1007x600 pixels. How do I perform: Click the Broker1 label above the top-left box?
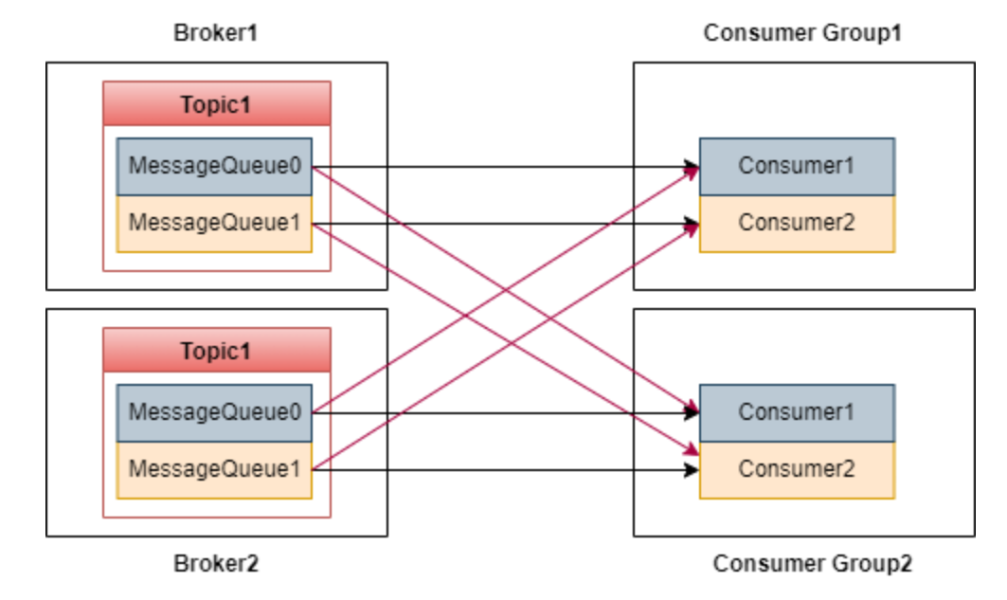(215, 33)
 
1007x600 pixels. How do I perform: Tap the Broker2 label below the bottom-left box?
(215, 564)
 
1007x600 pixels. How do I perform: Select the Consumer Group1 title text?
(802, 33)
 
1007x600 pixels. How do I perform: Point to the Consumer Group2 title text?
(812, 564)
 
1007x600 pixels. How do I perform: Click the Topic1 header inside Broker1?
(216, 104)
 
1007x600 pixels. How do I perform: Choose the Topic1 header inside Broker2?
(216, 351)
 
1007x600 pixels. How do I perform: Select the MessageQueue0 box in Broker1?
(214, 168)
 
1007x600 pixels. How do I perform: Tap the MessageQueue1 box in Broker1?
(214, 224)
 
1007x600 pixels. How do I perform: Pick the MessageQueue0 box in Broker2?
(214, 413)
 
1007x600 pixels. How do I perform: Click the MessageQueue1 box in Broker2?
(214, 469)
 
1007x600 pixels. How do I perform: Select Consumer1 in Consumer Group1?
(797, 166)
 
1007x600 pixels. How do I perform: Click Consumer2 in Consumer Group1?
(797, 224)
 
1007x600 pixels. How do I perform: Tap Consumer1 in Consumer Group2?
(797, 413)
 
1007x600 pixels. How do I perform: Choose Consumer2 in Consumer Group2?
(797, 469)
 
